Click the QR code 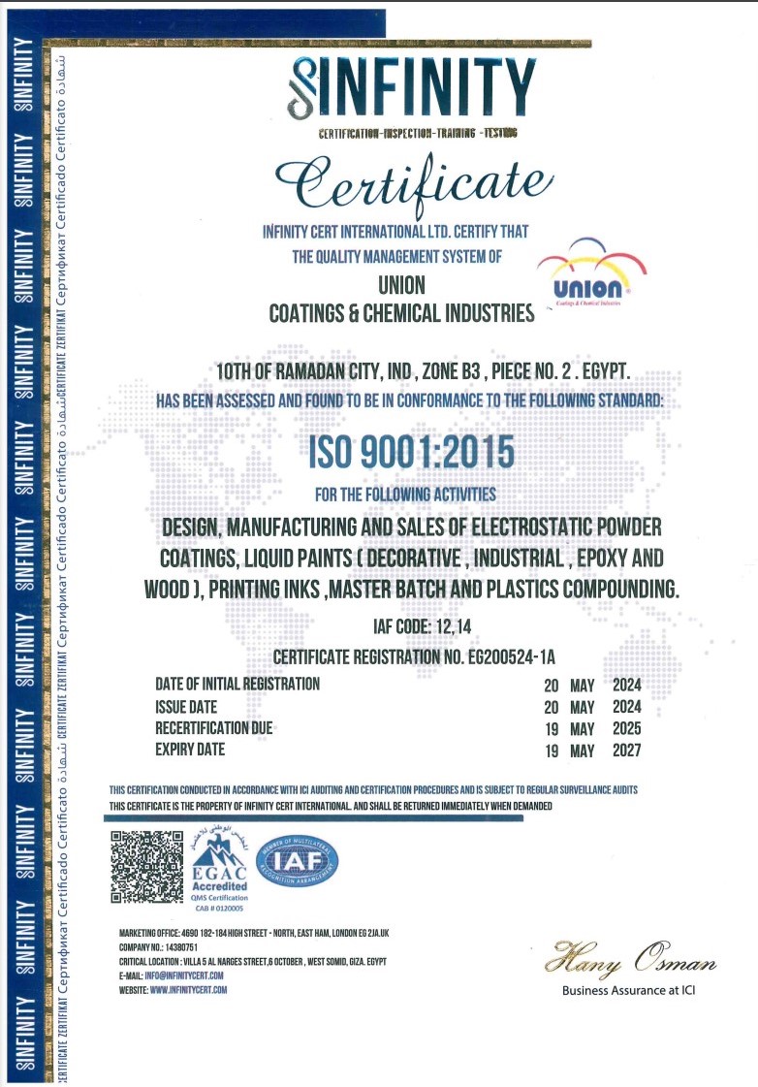146,867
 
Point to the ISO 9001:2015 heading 412,453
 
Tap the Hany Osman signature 630,963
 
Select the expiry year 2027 626,751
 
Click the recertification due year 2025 626,729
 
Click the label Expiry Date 190,750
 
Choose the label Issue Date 186,707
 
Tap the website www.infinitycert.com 188,990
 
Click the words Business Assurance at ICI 628,991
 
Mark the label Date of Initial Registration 237,685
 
